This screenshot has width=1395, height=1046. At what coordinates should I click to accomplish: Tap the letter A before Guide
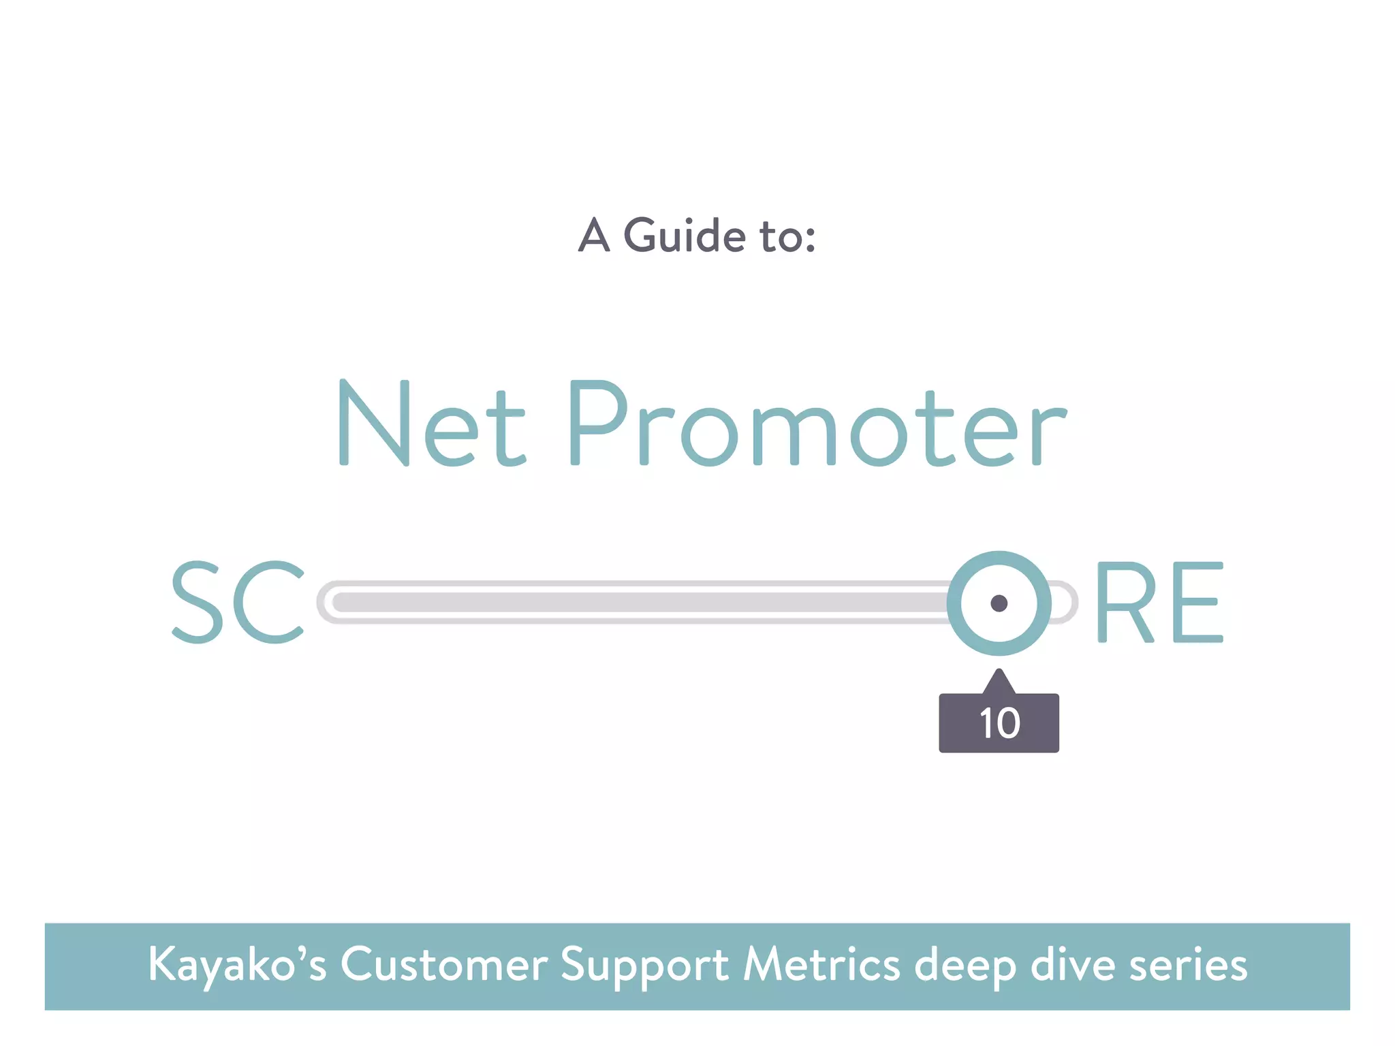(x=593, y=236)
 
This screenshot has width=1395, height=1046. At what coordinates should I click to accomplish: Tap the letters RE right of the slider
(x=1160, y=602)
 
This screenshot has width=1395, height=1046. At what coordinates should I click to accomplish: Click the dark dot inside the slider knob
(x=999, y=603)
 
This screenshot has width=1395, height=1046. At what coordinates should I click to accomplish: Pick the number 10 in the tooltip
(x=999, y=723)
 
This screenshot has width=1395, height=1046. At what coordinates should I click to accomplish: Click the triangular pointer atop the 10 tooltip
(x=999, y=682)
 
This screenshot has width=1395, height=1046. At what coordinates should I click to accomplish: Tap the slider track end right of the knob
(x=1065, y=603)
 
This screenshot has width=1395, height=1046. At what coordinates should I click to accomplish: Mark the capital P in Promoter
(x=597, y=424)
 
